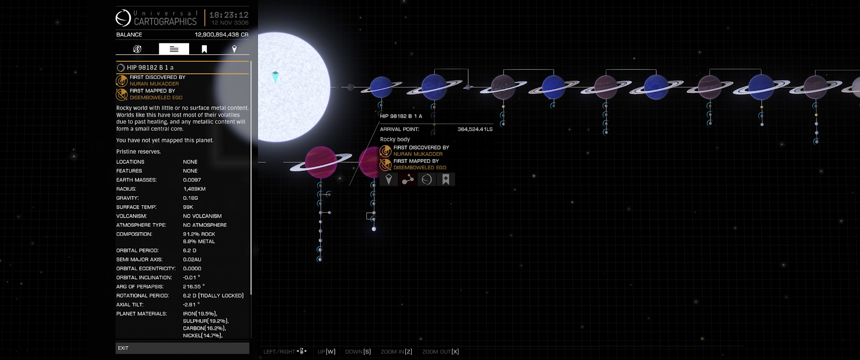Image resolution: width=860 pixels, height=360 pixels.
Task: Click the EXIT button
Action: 182,348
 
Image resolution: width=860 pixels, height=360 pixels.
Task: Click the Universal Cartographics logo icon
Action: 123,18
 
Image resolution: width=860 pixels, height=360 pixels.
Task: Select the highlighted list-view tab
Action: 174,49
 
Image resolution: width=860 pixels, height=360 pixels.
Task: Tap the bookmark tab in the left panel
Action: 204,49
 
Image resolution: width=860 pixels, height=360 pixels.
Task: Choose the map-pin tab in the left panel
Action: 234,49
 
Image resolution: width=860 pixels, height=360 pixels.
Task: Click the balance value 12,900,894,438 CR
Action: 221,34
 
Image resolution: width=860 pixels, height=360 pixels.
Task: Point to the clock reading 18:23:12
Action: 228,15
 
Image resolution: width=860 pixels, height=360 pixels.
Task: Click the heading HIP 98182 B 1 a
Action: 150,68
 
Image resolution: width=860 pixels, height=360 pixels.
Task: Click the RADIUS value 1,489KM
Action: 194,189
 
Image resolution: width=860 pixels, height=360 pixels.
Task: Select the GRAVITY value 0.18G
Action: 190,198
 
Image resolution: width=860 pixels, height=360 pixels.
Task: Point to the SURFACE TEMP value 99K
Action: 188,207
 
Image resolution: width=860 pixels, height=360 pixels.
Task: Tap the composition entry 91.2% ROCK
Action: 199,234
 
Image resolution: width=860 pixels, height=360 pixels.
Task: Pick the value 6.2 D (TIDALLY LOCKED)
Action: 213,296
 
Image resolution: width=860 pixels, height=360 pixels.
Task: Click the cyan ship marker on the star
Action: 275,77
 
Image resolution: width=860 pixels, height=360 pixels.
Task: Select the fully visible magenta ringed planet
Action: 320,162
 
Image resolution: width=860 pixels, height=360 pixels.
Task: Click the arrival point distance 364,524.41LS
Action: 475,129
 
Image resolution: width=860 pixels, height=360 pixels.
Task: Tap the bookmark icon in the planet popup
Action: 446,179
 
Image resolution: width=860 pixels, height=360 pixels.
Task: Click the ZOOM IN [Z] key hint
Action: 396,351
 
